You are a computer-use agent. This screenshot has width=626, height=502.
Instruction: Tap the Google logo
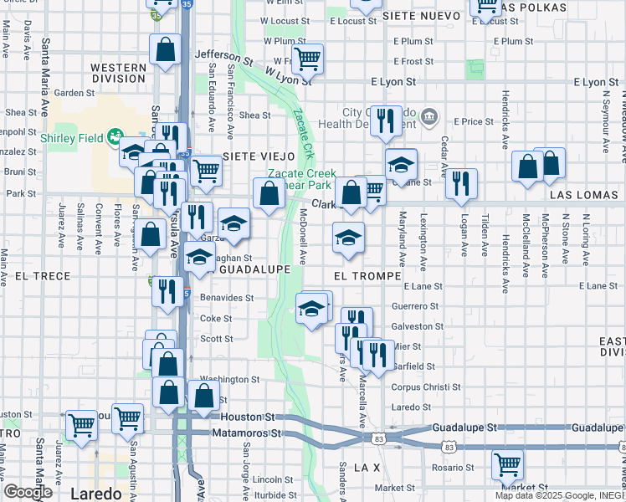pos(28,492)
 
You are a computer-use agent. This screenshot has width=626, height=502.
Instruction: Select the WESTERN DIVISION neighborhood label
pos(118,73)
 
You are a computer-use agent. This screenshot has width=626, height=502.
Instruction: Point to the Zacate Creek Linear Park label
pos(300,179)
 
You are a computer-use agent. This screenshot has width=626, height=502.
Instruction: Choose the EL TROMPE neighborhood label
pos(367,274)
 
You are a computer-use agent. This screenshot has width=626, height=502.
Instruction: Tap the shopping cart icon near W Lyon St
pos(307,58)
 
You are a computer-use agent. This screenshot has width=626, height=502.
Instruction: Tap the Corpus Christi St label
pos(403,387)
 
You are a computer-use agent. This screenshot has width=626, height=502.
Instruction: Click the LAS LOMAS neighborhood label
pos(584,194)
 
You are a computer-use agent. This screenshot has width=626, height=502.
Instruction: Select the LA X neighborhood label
pos(367,466)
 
